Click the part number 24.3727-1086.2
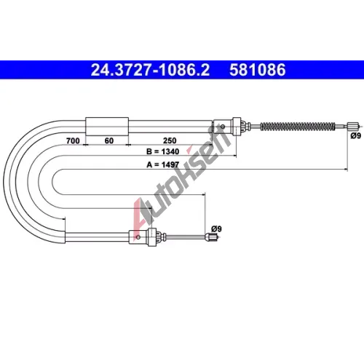click(x=150, y=70)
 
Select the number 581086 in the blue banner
click(x=258, y=70)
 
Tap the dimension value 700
click(x=73, y=141)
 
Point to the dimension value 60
click(x=109, y=141)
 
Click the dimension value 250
click(x=170, y=141)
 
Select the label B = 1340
click(x=163, y=151)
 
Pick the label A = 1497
click(x=163, y=165)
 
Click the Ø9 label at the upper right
click(x=356, y=136)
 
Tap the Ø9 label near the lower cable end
click(x=216, y=229)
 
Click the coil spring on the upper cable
click(x=298, y=127)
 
